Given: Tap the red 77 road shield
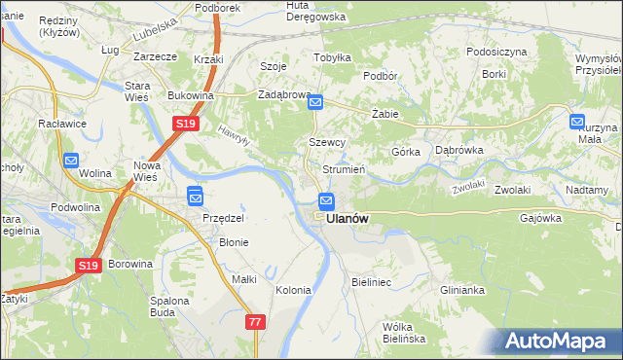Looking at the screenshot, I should tap(255, 322).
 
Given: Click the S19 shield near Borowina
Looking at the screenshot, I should tap(88, 265).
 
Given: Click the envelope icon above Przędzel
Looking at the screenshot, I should tap(195, 197).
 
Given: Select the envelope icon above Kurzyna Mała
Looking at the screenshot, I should tap(577, 122).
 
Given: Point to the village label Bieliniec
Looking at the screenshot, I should tap(371, 282).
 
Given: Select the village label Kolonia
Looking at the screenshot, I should tap(293, 290).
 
